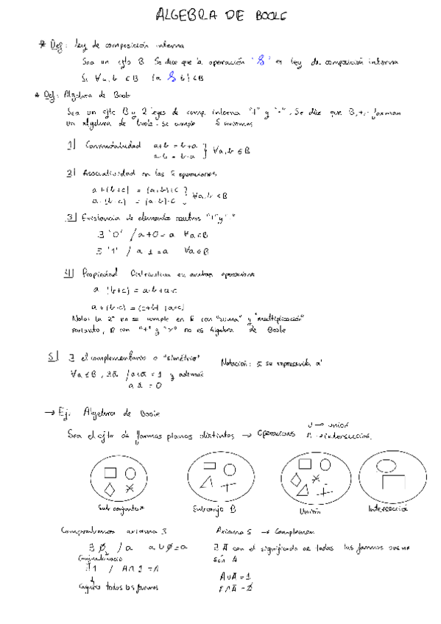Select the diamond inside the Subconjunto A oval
pos(109,489)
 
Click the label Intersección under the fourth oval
pos(389,509)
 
